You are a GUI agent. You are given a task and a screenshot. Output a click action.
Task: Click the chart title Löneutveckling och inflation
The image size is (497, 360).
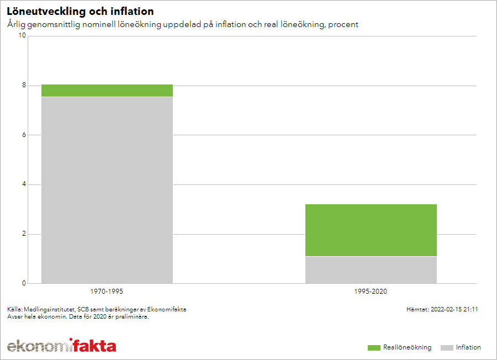coord(80,12)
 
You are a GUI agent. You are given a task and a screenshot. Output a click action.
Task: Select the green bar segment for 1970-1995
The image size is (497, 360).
coord(107,91)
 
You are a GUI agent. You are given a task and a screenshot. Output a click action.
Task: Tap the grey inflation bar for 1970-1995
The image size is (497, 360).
coord(107,190)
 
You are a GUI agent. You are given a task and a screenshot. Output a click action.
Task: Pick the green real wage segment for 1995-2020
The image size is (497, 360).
coord(371,230)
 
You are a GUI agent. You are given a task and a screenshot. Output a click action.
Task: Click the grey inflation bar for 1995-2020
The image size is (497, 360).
coord(371,270)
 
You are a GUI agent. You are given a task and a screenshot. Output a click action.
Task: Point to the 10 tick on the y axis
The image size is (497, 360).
coord(23,36)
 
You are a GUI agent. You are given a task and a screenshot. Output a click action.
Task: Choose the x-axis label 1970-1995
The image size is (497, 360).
coord(107,291)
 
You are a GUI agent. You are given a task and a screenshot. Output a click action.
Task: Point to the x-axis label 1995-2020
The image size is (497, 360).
coord(371,291)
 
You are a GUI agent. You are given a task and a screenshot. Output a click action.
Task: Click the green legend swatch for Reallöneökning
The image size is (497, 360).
coord(374,348)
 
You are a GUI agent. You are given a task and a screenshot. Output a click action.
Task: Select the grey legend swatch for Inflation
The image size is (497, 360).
coord(447,348)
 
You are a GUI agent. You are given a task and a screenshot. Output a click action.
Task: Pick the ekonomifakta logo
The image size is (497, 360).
coord(61,346)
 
